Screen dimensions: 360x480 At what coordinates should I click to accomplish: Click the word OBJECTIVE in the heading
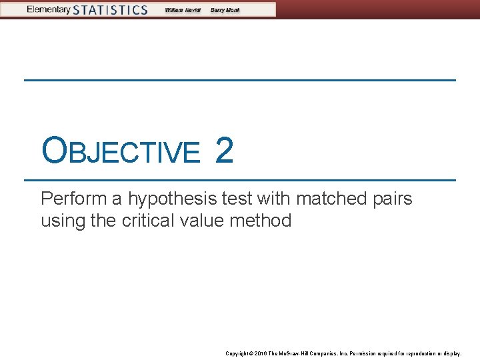(120, 151)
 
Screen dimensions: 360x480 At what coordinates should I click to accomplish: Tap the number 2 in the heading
(224, 151)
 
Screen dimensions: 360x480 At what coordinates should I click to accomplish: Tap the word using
(62, 221)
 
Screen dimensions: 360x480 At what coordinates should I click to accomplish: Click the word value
(202, 220)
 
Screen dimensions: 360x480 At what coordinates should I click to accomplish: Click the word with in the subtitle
(275, 199)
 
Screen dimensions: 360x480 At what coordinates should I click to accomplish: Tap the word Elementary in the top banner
(48, 9)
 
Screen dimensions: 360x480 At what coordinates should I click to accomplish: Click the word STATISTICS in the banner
(110, 9)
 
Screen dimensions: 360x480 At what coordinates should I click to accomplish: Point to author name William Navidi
(182, 10)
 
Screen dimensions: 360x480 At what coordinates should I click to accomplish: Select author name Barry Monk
(225, 10)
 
